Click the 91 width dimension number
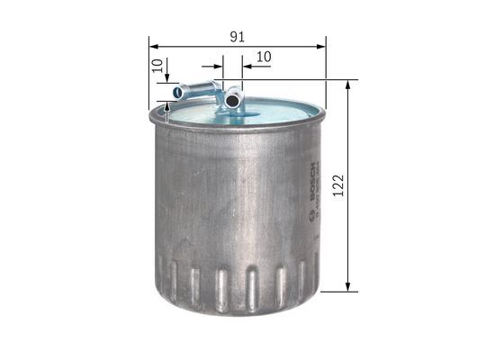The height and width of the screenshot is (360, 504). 237,36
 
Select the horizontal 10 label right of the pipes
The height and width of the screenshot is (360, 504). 264,57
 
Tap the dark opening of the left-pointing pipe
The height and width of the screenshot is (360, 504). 178,91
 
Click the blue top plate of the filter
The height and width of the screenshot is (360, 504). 270,112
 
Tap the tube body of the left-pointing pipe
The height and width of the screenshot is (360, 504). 198,89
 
